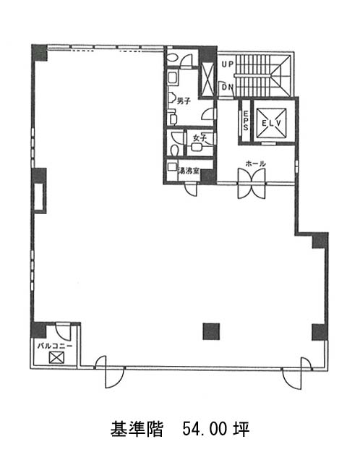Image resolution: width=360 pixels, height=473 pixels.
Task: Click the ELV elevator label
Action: tap(271, 123)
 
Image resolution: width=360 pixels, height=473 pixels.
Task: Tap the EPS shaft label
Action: tap(246, 121)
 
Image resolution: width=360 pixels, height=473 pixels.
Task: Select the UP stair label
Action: tap(228, 64)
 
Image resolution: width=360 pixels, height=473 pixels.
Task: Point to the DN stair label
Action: tap(228, 88)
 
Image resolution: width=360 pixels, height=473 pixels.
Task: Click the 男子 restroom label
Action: tap(184, 101)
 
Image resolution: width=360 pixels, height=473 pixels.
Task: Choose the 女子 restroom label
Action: tap(200, 138)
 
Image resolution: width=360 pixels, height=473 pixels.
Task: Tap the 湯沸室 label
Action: tap(189, 171)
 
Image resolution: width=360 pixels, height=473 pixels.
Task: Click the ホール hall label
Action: tap(255, 163)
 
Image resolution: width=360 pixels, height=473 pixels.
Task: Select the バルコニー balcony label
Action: tap(55, 346)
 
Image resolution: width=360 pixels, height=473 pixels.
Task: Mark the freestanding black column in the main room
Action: tap(211, 331)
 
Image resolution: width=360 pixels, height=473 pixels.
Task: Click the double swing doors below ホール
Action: tap(252, 183)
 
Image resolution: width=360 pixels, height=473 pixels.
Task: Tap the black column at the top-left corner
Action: tap(40, 53)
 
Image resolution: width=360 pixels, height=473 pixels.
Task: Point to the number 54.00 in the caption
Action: tap(205, 429)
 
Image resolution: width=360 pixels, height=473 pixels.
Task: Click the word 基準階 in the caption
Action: tap(137, 429)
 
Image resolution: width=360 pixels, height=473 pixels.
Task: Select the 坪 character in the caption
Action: tap(241, 429)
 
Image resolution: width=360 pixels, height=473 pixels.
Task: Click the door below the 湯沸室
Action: tap(191, 189)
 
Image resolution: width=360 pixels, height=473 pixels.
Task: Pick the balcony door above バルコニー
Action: tap(64, 331)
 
